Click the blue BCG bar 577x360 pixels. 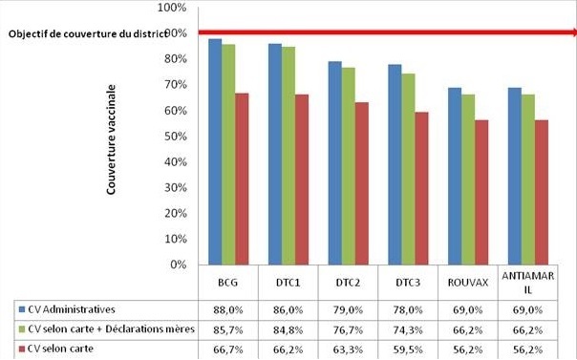click(215, 152)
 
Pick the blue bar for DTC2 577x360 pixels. click(334, 163)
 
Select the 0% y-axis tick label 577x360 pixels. click(177, 265)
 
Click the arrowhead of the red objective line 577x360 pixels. click(570, 32)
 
